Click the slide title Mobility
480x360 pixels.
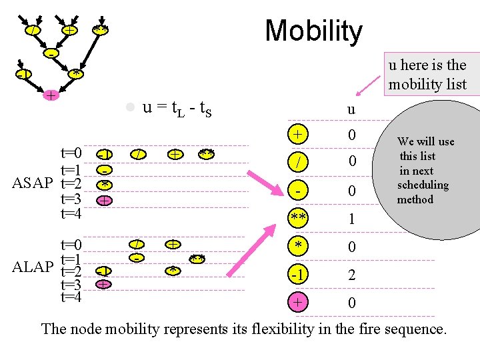click(x=313, y=31)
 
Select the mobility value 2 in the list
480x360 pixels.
click(x=351, y=275)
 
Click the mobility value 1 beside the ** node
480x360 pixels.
click(x=351, y=219)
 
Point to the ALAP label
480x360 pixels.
click(x=33, y=267)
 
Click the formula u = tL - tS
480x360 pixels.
click(x=177, y=107)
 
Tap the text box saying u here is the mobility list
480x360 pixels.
click(x=427, y=75)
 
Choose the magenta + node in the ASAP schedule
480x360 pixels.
click(x=104, y=200)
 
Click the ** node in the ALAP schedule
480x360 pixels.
click(x=197, y=258)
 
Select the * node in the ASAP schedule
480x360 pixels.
click(x=104, y=183)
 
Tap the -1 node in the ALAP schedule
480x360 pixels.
click(x=103, y=271)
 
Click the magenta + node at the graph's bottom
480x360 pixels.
click(x=50, y=96)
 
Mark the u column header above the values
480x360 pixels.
click(x=351, y=109)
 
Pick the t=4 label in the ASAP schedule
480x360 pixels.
click(x=71, y=214)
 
